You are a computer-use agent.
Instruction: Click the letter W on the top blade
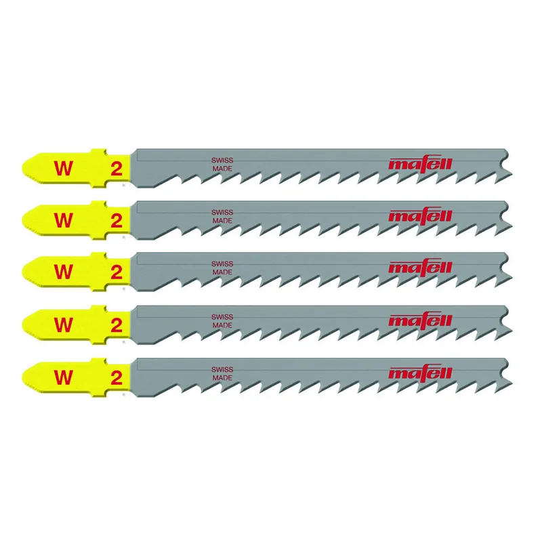(x=63, y=169)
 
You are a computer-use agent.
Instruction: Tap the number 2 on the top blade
(x=117, y=169)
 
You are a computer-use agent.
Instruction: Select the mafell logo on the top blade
(x=420, y=163)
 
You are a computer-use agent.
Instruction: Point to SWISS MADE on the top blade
(x=222, y=165)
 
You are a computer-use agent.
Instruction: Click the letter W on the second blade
(x=63, y=220)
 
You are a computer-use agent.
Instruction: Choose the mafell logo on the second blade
(x=420, y=215)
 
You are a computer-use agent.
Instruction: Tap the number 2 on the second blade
(x=117, y=221)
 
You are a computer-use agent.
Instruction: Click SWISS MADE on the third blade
(x=222, y=268)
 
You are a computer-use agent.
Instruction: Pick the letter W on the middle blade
(x=63, y=272)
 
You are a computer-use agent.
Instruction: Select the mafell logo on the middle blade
(x=420, y=267)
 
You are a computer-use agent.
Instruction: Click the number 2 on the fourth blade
(x=117, y=325)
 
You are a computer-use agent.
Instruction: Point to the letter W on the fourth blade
(x=63, y=325)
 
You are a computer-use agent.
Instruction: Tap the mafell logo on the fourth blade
(x=420, y=320)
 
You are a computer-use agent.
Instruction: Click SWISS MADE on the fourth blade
(x=222, y=321)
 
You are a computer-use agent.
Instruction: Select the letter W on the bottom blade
(x=63, y=377)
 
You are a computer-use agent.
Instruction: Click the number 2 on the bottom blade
(x=117, y=378)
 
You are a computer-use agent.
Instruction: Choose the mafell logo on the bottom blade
(x=420, y=373)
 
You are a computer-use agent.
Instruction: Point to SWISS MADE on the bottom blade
(x=222, y=374)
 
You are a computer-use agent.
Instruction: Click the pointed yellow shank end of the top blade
(x=23, y=168)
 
